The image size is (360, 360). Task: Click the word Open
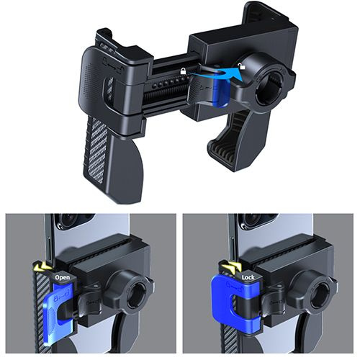point(63,277)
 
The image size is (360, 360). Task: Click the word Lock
point(248,277)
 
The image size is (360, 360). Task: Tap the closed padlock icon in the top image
point(183,71)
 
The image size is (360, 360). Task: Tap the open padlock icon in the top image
point(241,66)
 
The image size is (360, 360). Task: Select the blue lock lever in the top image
point(220,91)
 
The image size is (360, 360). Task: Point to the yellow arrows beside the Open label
point(42,266)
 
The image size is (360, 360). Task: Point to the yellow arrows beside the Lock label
point(231,266)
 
